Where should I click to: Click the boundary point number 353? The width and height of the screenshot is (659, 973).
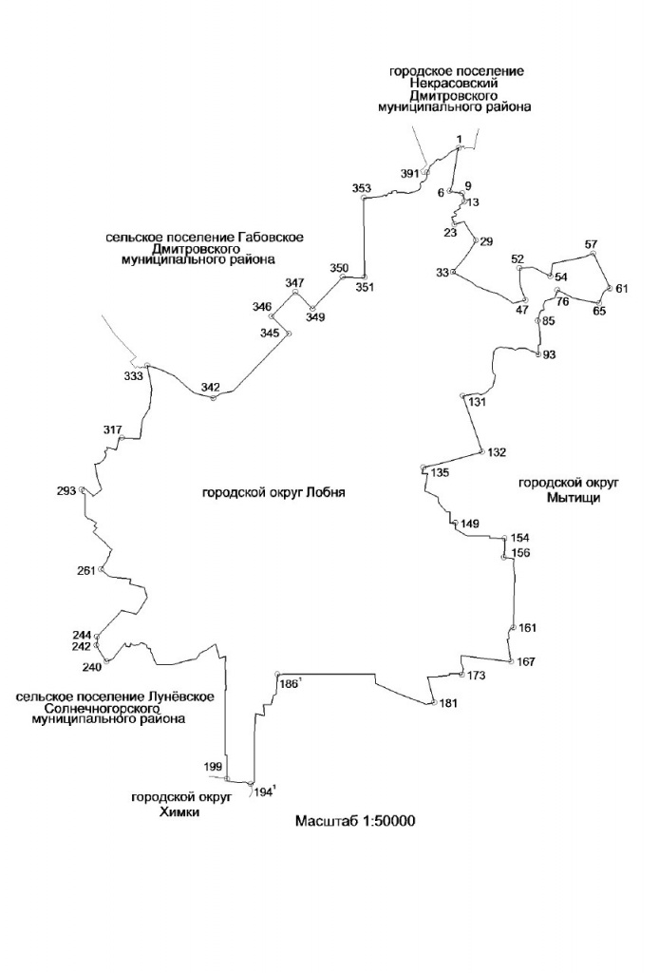[362, 188]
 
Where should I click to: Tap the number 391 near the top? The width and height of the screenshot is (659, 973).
[410, 174]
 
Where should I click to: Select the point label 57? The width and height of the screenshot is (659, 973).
[591, 244]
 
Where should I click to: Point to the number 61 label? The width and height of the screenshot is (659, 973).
[622, 289]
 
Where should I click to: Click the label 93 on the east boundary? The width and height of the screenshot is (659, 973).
[549, 355]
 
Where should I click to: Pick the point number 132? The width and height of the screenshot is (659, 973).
[497, 452]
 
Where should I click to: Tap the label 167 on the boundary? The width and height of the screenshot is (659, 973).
[525, 662]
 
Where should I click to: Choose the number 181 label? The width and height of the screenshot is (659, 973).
[448, 704]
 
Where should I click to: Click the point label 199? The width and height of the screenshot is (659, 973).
[213, 768]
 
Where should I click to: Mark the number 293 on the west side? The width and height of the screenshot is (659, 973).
[66, 491]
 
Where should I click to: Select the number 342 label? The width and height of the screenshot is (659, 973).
[210, 388]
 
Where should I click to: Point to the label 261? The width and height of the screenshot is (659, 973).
[86, 571]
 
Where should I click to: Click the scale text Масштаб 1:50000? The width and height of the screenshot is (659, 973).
[355, 821]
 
